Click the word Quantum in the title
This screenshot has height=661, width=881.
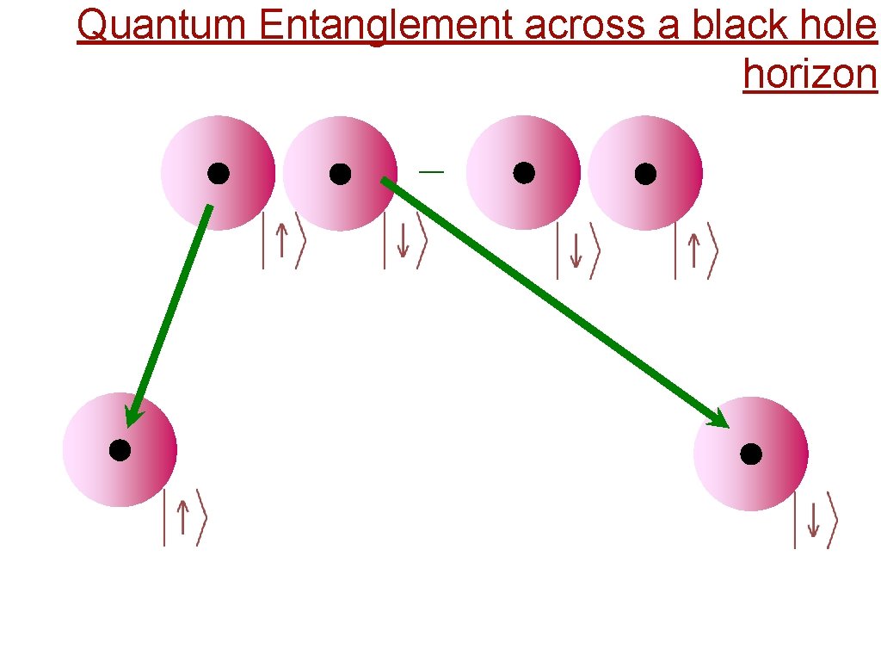[x=161, y=27]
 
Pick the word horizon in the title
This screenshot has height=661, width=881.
[x=810, y=74]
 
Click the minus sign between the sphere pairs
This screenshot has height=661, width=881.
[x=431, y=173]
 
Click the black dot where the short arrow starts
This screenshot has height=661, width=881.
[x=219, y=174]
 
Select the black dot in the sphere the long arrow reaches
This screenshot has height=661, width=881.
[x=751, y=454]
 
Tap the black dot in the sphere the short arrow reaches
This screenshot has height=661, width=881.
[x=120, y=450]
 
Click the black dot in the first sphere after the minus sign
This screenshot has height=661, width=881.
[x=524, y=173]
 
